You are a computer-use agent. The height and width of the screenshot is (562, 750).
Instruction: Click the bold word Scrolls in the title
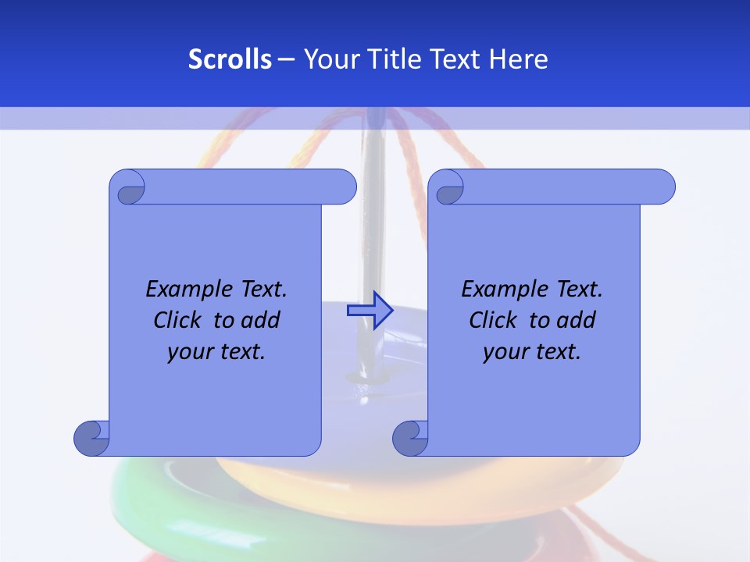coord(230,59)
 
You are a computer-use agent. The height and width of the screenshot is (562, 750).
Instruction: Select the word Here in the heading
coord(519,59)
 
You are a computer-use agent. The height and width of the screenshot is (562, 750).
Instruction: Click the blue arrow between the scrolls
coord(370,311)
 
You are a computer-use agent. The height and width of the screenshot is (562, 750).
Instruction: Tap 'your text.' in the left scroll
coord(216,351)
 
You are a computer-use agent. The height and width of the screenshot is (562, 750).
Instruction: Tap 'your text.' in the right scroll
coord(532,351)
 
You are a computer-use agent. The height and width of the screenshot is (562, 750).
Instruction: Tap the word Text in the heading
coord(455,59)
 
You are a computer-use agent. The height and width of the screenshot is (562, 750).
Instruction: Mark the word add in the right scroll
coord(577,320)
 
